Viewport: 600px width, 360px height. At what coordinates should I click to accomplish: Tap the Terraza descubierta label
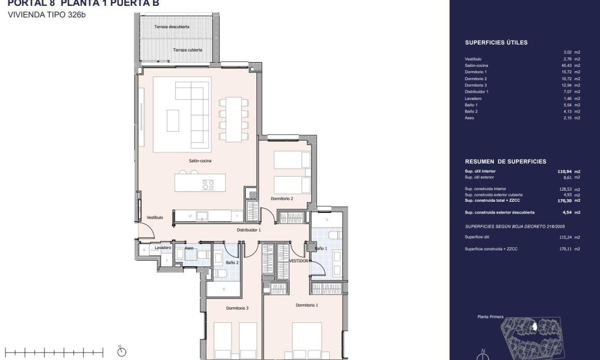[172, 27]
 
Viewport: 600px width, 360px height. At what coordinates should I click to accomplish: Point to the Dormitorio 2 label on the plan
[282, 199]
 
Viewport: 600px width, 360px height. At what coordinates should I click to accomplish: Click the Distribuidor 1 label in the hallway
[248, 230]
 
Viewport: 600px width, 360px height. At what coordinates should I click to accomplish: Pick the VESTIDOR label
[299, 261]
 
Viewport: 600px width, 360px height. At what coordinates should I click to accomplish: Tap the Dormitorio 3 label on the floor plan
[237, 308]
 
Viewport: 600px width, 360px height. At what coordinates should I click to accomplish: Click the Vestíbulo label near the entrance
[155, 218]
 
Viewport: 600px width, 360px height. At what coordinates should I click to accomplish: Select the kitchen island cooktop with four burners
[208, 185]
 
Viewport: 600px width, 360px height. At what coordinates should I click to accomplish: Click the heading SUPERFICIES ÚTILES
[496, 42]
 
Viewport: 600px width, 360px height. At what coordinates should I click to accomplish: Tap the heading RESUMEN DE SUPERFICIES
[505, 161]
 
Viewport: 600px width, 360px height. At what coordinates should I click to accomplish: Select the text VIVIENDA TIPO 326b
[47, 15]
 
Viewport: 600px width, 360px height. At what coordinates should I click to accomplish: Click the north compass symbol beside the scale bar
[121, 351]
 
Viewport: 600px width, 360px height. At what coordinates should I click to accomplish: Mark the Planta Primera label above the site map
[491, 316]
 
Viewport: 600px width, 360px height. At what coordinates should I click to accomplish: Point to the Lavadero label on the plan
[162, 248]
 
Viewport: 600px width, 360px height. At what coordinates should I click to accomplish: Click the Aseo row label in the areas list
[469, 118]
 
